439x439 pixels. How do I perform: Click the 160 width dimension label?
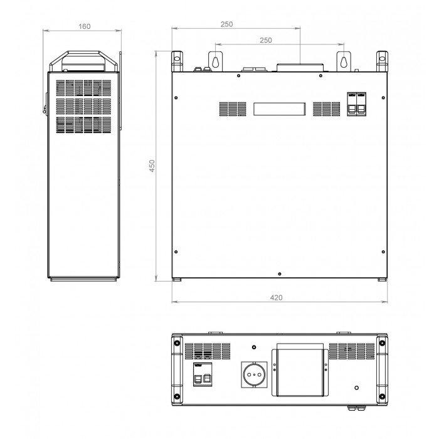[84, 26]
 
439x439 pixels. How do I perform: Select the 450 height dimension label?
[152, 166]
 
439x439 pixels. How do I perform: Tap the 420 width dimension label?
[276, 298]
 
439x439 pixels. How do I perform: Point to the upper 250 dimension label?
[226, 24]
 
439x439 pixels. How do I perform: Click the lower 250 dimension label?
[265, 40]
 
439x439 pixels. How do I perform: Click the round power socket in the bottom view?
[254, 374]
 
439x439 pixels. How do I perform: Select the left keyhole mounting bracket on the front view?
[215, 61]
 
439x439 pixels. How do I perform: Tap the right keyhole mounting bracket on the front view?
[344, 61]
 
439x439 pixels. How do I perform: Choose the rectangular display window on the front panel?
[280, 109]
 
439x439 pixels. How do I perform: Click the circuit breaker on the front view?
[356, 104]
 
